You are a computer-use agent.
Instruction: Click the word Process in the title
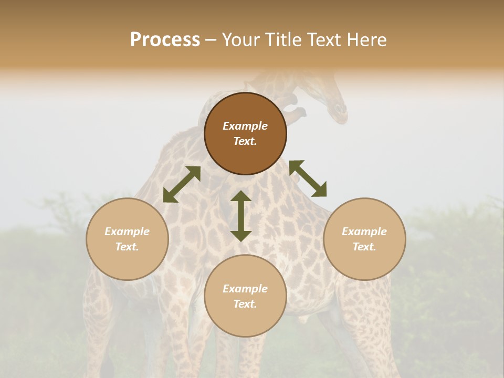click(x=165, y=40)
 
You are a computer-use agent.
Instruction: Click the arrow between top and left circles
click(x=182, y=184)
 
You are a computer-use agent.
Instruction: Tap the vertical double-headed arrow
click(x=241, y=216)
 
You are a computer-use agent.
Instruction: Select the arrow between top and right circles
click(x=308, y=178)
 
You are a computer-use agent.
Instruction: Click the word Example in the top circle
click(x=245, y=126)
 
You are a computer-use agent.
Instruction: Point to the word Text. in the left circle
click(x=127, y=247)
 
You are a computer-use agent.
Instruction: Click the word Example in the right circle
click(x=364, y=232)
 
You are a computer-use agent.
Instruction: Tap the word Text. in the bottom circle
click(x=245, y=304)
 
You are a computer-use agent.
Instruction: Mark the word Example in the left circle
click(x=127, y=232)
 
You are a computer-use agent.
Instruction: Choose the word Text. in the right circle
click(x=364, y=247)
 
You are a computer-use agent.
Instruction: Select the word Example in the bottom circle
click(x=245, y=289)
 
